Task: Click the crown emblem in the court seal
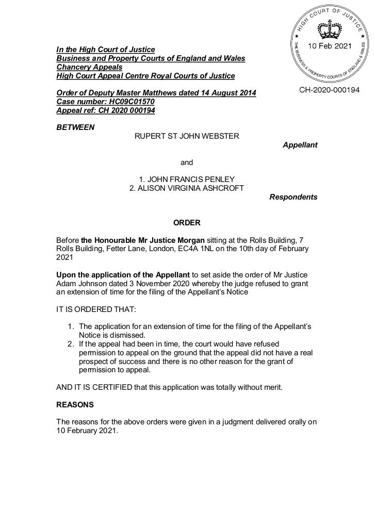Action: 329,30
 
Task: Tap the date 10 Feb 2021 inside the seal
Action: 330,46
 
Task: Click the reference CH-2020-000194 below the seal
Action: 330,90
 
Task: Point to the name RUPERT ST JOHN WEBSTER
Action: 187,136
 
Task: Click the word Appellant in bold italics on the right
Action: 300,145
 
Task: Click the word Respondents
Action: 293,197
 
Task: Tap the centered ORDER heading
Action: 187,223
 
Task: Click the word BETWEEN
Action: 75,127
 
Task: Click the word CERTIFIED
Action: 110,387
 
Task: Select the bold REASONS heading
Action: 75,405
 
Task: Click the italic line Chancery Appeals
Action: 89,67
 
